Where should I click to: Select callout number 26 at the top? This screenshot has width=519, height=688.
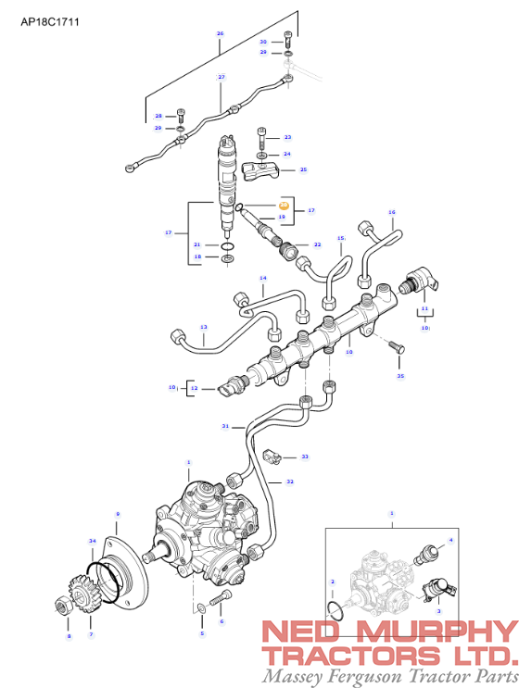[220, 34]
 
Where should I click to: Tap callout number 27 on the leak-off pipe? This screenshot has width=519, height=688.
[222, 76]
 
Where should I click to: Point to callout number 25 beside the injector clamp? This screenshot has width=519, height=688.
[303, 170]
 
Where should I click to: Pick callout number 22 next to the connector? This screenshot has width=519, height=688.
[317, 245]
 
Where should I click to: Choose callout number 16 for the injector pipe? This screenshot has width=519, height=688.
[391, 213]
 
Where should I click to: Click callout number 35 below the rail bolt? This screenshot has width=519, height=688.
[400, 377]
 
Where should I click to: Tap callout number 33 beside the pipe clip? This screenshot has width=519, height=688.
[305, 457]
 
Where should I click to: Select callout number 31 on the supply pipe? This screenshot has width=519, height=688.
[224, 426]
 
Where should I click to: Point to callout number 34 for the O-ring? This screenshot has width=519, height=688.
[92, 540]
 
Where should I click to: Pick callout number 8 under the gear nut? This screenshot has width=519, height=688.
[68, 637]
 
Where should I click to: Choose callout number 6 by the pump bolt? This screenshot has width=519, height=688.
[222, 621]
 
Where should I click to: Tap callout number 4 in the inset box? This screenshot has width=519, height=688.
[451, 540]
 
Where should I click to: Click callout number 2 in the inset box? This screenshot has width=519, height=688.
[332, 582]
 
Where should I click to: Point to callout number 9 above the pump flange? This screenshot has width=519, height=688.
[117, 514]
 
